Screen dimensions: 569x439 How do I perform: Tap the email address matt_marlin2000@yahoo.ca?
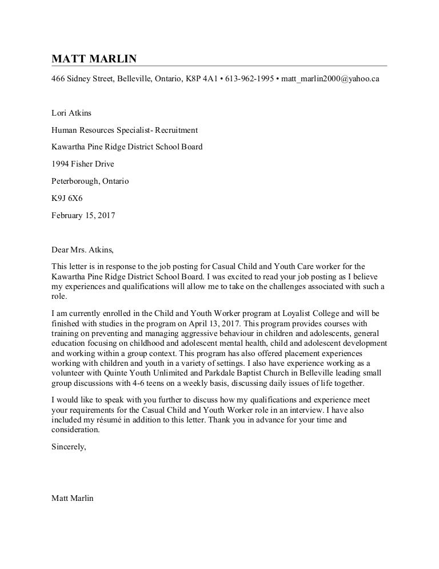330,78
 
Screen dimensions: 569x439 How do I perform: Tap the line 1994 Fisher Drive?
83,164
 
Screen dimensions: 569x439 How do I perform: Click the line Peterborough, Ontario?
90,181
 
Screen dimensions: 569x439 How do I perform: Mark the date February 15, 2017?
83,216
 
